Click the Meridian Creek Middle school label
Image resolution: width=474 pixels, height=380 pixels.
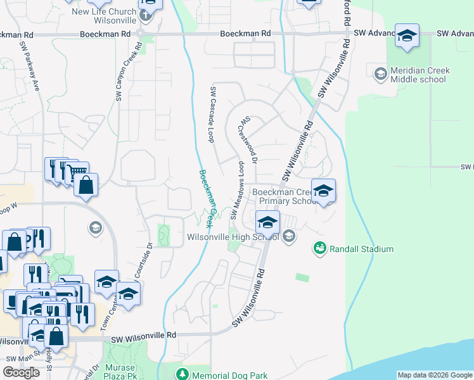[x=420, y=75]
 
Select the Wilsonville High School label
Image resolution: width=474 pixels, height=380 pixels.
[x=233, y=237]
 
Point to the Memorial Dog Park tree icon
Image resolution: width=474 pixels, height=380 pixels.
[x=182, y=373]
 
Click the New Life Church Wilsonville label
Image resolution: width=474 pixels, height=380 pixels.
[x=104, y=16]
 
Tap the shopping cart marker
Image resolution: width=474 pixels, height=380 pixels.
[x=77, y=171]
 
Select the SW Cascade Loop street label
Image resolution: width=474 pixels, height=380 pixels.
[x=213, y=114]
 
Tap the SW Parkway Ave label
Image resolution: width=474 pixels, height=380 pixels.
[x=30, y=66]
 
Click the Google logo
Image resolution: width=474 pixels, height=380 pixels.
[x=21, y=372]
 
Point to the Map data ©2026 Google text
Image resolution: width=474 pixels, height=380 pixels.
[x=435, y=375]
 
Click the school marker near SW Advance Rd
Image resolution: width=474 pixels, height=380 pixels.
[x=406, y=35]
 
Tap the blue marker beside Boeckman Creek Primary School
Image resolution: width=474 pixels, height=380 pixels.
[x=323, y=191]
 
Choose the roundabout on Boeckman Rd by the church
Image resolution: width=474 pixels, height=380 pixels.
[x=140, y=33]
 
